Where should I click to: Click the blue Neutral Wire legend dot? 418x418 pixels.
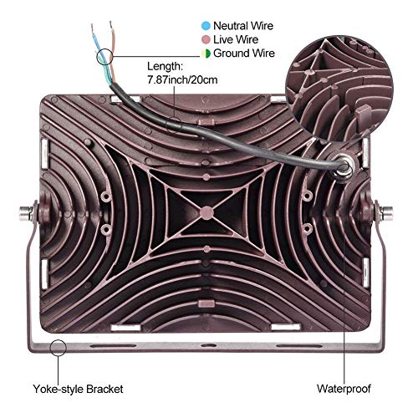pyautogui.click(x=206, y=26)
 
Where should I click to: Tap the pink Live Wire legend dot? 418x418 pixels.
pyautogui.click(x=206, y=39)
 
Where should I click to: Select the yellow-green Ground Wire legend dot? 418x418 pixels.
pyautogui.click(x=206, y=54)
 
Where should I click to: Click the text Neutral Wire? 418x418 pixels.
pyautogui.click(x=243, y=26)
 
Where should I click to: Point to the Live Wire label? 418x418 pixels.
pyautogui.click(x=236, y=39)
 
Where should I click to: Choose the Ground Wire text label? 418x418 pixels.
pyautogui.click(x=244, y=54)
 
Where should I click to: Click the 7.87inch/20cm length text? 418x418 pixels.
pyautogui.click(x=182, y=80)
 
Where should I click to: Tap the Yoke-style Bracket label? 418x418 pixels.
pyautogui.click(x=78, y=389)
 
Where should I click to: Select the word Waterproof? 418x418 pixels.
pyautogui.click(x=344, y=389)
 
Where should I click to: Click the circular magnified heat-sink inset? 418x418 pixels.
pyautogui.click(x=339, y=88)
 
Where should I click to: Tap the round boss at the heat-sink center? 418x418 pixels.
pyautogui.click(x=206, y=213)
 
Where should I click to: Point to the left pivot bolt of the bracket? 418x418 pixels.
pyautogui.click(x=28, y=212)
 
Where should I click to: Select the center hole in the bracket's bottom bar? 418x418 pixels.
pyautogui.click(x=206, y=346)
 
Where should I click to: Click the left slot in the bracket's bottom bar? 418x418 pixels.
pyautogui.click(x=113, y=346)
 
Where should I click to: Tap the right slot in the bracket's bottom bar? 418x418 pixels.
pyautogui.click(x=299, y=346)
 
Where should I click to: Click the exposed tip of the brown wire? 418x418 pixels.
pyautogui.click(x=111, y=24)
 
